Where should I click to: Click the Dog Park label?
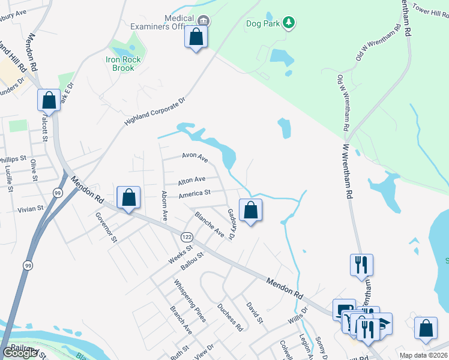coord(264,24)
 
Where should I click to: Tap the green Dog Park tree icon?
coord(290,23)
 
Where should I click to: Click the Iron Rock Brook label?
coord(124,64)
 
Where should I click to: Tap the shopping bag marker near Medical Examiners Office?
coord(196,38)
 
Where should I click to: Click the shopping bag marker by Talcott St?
coord(49,100)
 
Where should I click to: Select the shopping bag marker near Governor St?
coord(128,198)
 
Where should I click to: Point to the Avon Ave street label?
coord(195,158)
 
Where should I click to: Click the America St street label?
coord(194,193)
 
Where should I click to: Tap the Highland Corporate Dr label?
coord(156,112)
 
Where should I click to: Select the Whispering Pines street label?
coord(190,301)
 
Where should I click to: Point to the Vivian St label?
coord(31,209)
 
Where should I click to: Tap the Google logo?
coord(20,353)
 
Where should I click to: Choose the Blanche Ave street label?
coord(209,224)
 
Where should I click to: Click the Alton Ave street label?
coord(191,179)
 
